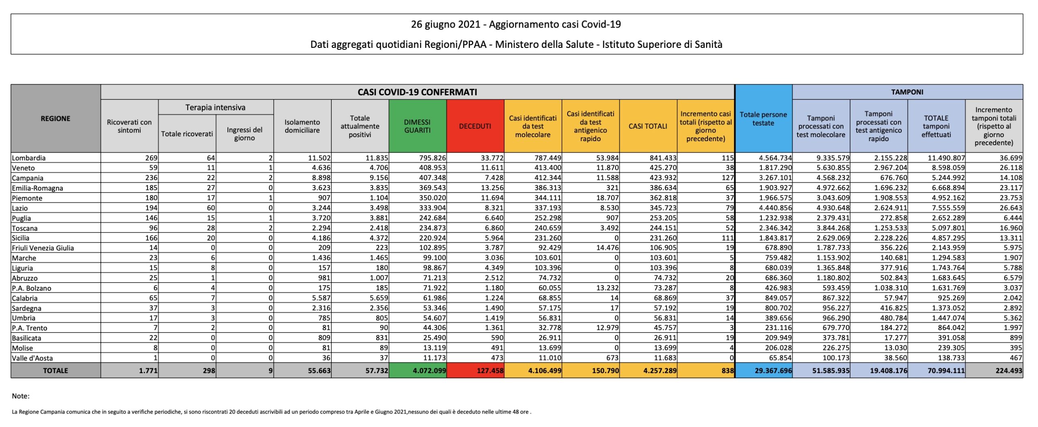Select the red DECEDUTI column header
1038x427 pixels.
tap(475, 126)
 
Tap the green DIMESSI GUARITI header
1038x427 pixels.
tap(417, 126)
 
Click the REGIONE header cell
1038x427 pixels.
tap(56, 118)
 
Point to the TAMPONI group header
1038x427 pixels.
tap(907, 92)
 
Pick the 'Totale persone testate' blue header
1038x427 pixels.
tap(763, 119)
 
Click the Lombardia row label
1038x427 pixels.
tap(29, 158)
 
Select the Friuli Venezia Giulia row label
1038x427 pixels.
tap(43, 248)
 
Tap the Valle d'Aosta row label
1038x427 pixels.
tap(32, 358)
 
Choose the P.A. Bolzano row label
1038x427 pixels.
tap(32, 288)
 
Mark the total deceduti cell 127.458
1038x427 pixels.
tap(490, 371)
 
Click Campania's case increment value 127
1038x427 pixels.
tap(727, 178)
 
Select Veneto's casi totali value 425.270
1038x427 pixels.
tap(663, 168)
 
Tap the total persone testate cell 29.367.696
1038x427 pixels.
tap(773, 371)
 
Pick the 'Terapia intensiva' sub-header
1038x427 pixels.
tap(215, 107)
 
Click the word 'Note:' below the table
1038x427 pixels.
tap(21, 396)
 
